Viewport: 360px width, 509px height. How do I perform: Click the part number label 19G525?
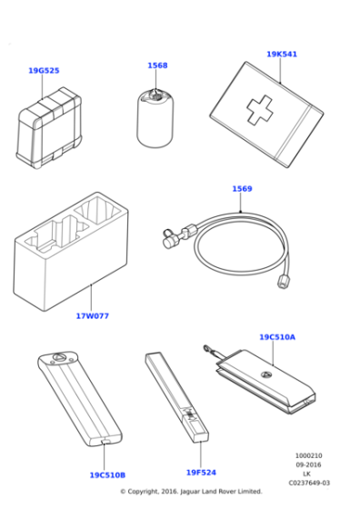tap(44, 70)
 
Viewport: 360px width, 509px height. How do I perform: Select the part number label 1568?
tap(157, 65)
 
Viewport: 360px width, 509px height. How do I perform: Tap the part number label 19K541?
tap(281, 55)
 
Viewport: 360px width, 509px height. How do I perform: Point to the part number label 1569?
tap(242, 189)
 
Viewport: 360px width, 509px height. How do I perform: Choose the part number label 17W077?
tap(92, 317)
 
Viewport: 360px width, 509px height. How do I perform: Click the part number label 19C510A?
tap(277, 337)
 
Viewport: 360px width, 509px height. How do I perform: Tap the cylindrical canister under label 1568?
tap(155, 118)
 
